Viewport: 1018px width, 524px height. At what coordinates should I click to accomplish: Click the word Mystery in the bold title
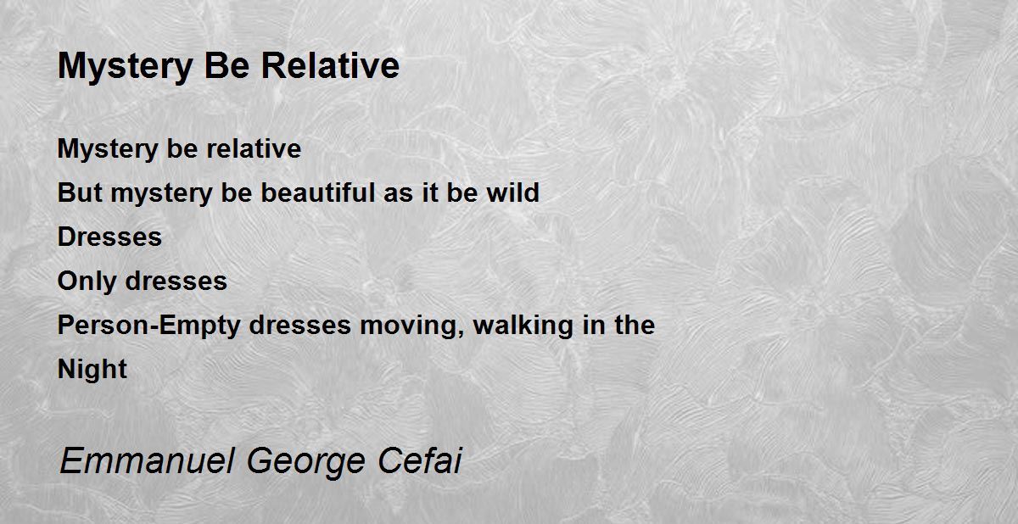pos(126,67)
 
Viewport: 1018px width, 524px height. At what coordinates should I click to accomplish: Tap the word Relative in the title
pos(330,65)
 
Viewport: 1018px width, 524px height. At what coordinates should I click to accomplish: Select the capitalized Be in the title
pos(227,65)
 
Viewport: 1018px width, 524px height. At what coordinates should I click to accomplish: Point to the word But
pos(80,192)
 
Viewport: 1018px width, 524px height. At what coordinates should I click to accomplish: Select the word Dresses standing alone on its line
pos(109,237)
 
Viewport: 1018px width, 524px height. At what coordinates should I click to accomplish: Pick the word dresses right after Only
pos(176,281)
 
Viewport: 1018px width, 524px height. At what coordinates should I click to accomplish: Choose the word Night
pos(92,369)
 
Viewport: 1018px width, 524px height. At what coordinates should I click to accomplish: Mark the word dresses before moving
pos(300,325)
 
